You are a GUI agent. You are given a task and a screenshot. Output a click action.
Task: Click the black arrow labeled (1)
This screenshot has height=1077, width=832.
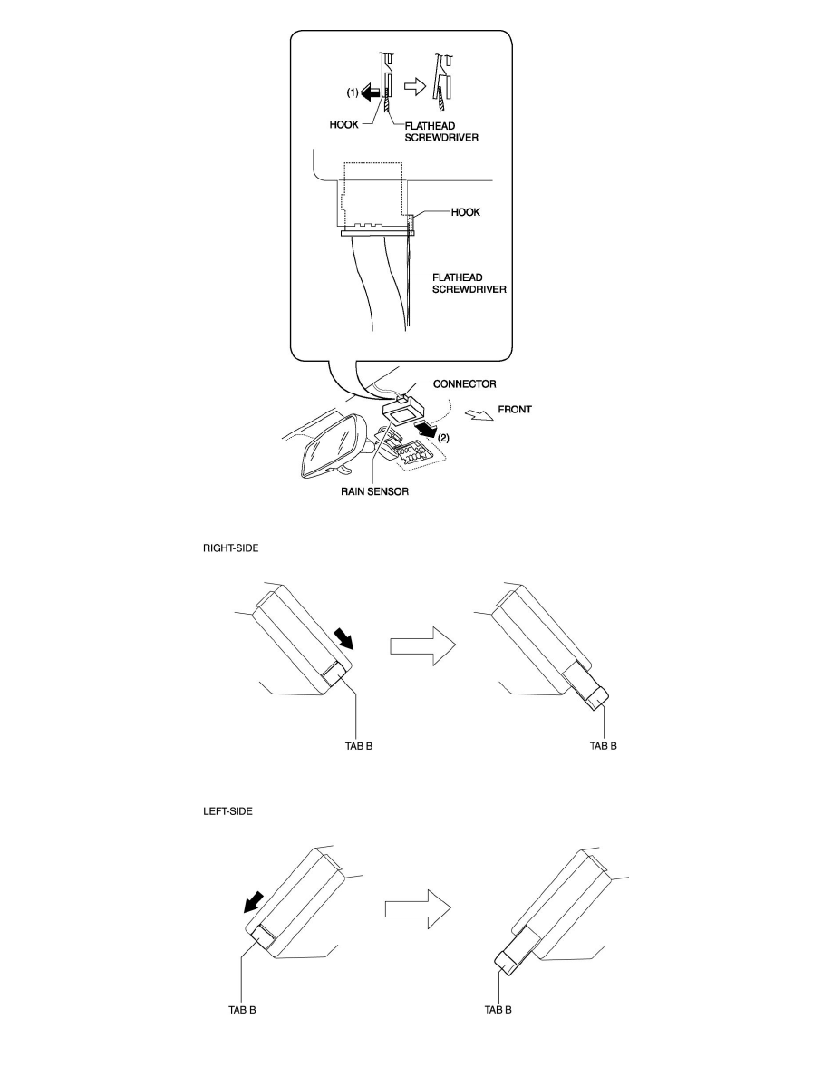(x=370, y=92)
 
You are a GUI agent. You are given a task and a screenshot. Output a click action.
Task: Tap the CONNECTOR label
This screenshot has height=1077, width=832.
(x=465, y=384)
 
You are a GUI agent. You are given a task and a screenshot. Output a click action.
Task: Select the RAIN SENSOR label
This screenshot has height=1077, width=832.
(x=375, y=491)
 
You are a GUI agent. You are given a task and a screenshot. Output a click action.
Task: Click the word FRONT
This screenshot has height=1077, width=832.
(x=515, y=410)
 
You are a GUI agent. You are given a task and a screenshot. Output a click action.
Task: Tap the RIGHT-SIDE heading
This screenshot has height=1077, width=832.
(x=230, y=548)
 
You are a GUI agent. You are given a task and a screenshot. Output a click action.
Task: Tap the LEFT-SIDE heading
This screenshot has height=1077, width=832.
(x=227, y=811)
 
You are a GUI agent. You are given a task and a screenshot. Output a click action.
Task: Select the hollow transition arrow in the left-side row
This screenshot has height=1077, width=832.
(x=418, y=909)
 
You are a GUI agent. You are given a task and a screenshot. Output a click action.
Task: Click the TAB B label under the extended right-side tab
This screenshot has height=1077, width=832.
(x=604, y=746)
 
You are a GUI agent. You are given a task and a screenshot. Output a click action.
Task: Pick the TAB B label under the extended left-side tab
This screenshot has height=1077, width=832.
(x=498, y=1010)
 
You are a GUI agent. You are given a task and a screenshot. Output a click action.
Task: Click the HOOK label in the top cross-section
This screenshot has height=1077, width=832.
(x=343, y=125)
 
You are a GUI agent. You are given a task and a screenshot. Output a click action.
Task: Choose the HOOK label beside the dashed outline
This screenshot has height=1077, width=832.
(x=466, y=212)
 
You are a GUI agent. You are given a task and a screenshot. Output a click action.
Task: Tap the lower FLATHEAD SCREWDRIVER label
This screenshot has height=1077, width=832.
(x=469, y=284)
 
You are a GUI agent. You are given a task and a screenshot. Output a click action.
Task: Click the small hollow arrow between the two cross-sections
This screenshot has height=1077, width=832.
(x=414, y=87)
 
